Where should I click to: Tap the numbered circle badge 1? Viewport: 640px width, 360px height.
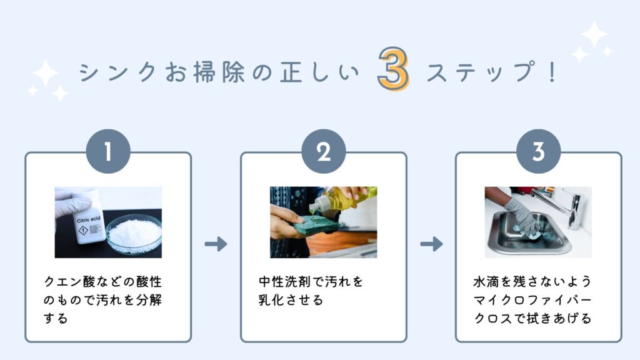[108, 151]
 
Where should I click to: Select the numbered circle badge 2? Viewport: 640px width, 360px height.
[324, 151]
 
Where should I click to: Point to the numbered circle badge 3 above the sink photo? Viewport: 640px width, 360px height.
[538, 151]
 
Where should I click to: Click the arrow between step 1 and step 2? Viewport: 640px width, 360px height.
[216, 244]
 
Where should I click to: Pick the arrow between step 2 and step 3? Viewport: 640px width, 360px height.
[431, 244]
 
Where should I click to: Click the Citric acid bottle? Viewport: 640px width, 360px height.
[87, 221]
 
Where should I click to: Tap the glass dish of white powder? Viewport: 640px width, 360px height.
[134, 234]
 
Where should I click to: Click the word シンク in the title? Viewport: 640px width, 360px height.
[118, 72]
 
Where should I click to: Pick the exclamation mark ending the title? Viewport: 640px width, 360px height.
[552, 72]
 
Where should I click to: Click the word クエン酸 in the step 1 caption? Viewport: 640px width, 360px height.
[70, 282]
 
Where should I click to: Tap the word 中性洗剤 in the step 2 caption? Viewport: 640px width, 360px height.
[285, 282]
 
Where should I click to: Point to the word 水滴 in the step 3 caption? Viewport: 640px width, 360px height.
[486, 282]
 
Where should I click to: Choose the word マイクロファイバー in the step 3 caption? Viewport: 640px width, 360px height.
[532, 300]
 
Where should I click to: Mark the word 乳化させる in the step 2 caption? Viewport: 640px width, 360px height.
[291, 300]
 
